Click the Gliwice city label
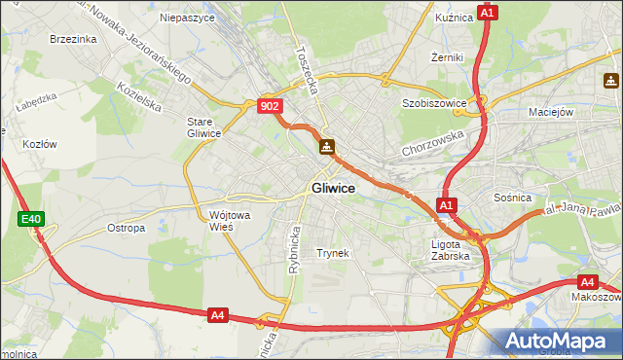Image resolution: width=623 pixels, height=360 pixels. coord(333,188)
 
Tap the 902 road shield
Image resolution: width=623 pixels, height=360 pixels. coord(271,106)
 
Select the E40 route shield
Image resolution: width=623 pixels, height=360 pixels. coord(30,220)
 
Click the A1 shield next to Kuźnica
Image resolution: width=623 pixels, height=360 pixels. coord(489,13)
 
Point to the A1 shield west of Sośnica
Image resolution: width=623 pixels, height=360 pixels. coord(446,205)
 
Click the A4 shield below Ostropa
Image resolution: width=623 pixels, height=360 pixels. coord(217,314)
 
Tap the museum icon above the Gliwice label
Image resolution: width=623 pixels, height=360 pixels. coord(327,147)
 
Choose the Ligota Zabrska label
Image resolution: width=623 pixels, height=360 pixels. coord(451,250)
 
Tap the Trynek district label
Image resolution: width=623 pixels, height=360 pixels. coord(332,253)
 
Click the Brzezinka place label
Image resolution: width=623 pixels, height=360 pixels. coord(72,39)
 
